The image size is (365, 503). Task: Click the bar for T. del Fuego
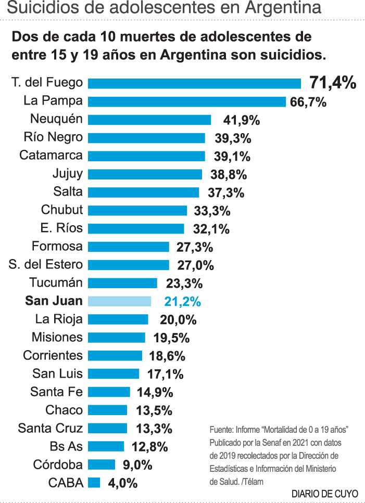[x=194, y=83]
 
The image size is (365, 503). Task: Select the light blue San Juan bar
[x=120, y=301]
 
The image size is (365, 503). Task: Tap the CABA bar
[x=94, y=483]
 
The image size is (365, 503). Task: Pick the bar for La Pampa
[x=186, y=101]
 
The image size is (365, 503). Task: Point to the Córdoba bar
[x=102, y=465]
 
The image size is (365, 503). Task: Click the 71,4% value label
[x=333, y=82]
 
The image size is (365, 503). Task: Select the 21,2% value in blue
[x=182, y=302]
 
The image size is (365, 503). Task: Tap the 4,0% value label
[x=122, y=483]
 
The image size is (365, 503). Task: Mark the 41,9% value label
[x=241, y=120]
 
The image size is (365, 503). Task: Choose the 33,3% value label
[x=211, y=211]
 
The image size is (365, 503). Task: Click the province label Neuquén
[x=56, y=119]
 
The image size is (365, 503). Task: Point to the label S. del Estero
[x=46, y=264]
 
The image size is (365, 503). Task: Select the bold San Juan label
[x=54, y=301]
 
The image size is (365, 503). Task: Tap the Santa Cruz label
[x=50, y=428]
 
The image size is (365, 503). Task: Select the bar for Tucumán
[x=122, y=283]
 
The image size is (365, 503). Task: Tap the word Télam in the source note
[x=252, y=482]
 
